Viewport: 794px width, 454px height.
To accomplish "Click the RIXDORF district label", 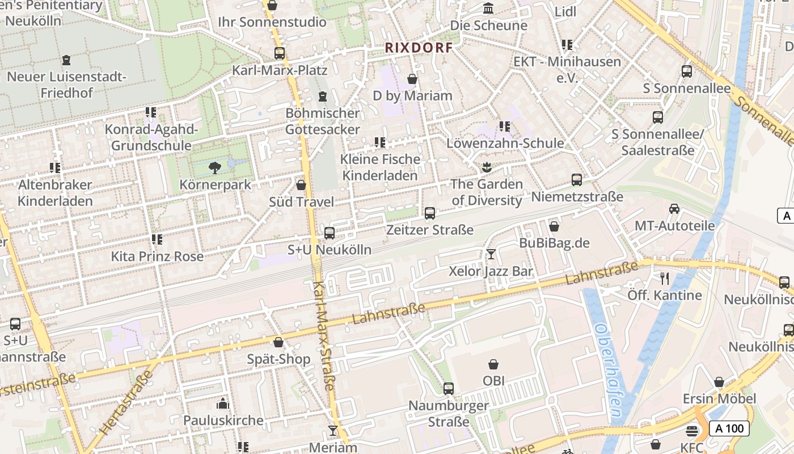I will pos(419,48).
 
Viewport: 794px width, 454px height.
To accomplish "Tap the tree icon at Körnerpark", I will pos(214,167).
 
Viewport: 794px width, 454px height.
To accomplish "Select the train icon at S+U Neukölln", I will pos(329,233).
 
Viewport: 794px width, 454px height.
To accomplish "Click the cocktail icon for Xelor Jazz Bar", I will pos(491,254).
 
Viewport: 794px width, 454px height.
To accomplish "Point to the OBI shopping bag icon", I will pos(493,364).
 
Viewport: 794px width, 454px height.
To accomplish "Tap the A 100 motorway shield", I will pos(729,428).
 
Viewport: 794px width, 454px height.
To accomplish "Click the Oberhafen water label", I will pos(607,371).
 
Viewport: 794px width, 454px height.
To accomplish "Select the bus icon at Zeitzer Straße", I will pos(430,213).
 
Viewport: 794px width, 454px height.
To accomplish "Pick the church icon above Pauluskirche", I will pos(223,403).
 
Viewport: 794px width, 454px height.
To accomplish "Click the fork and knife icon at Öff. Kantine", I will pos(665,278).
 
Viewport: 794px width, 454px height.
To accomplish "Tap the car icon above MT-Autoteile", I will pos(674,208).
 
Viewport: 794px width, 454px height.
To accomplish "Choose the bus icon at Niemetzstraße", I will pos(577,180).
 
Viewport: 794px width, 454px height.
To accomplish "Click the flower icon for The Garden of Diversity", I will pos(486,167).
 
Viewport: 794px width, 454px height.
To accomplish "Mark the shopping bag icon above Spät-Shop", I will pos(278,342).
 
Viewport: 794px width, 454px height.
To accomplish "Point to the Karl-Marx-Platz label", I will pos(280,70).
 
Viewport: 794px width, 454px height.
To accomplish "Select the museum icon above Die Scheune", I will pos(488,9).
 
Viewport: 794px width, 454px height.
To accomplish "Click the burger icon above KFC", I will pos(692,430).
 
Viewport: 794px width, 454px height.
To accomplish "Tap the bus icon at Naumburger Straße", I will pos(449,389).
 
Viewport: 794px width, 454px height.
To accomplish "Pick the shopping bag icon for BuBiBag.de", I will pos(554,226).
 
